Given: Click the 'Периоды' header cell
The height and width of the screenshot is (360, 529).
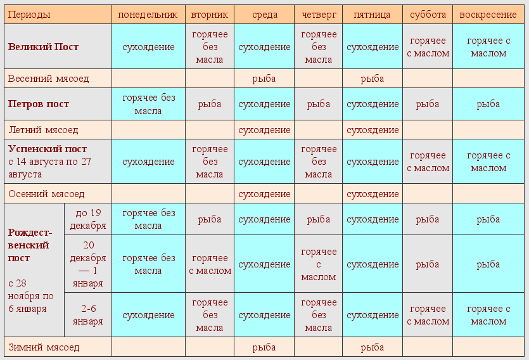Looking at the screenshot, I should tap(29, 15).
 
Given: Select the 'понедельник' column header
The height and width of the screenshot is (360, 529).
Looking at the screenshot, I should tap(148, 15).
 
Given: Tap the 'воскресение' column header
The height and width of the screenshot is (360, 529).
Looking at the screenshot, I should tap(488, 15).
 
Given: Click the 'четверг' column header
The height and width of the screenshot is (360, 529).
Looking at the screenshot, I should tap(318, 15).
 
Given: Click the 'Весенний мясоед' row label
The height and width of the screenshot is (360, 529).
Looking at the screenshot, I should tap(49, 79).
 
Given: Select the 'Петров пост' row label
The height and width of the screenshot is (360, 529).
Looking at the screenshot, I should tap(39, 104).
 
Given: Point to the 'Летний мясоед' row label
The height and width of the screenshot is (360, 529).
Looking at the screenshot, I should tap(43, 130).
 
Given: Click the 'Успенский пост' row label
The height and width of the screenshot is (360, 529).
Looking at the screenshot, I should tap(48, 150).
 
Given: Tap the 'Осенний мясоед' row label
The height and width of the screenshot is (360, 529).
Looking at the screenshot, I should tap(46, 194).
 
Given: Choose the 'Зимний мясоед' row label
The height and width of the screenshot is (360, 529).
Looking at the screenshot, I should tap(44, 347).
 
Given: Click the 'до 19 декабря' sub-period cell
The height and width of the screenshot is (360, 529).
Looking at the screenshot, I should tap(88, 219).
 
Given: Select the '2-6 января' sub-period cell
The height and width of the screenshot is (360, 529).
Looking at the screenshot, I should tap(88, 315).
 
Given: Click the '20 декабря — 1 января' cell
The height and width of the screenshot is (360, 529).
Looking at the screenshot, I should tap(88, 264).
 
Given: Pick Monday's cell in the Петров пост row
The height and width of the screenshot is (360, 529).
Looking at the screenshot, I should tap(148, 104).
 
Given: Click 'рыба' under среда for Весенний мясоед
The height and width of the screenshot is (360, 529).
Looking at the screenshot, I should tap(264, 79).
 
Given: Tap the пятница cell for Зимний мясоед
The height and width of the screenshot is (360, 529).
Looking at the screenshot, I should tap(373, 347).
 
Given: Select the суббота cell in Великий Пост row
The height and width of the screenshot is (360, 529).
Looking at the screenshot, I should tap(428, 47).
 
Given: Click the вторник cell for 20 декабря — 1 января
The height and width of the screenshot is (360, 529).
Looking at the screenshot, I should tap(210, 264).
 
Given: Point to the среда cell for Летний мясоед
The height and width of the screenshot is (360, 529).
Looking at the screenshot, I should tap(264, 130).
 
